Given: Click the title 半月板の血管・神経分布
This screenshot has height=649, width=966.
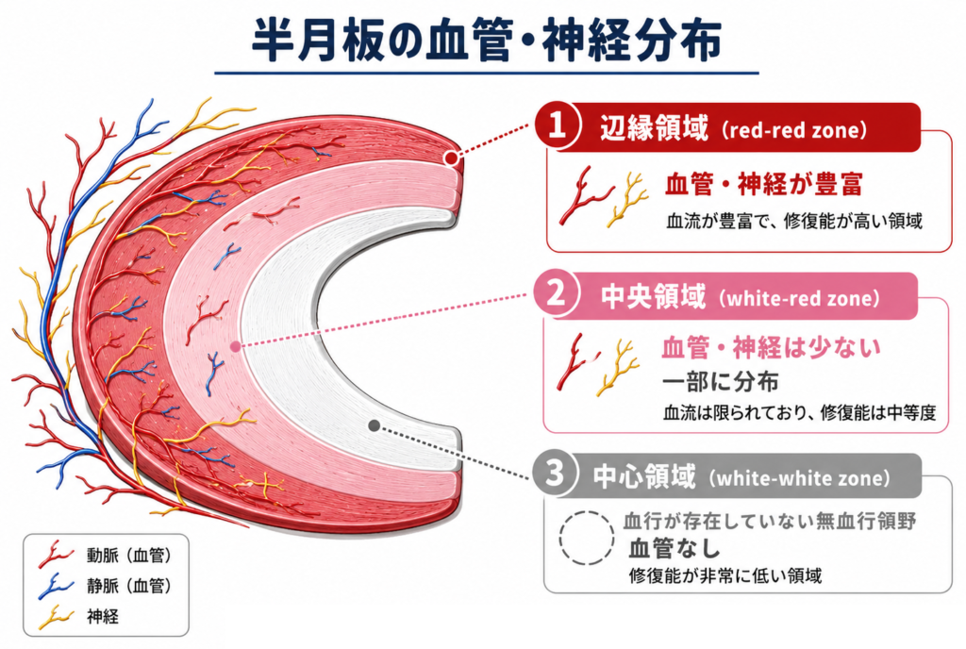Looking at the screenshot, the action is [486, 41].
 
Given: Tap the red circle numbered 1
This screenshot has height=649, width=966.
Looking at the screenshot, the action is [557, 125].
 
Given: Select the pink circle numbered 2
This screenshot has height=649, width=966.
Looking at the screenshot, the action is [556, 293].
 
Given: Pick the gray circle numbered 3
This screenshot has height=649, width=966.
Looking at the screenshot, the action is [555, 474].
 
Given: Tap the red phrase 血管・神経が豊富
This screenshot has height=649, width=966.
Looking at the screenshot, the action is [764, 184].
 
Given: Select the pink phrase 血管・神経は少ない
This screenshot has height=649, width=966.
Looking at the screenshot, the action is [771, 348].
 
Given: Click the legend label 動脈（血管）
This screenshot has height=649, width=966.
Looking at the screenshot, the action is [128, 556].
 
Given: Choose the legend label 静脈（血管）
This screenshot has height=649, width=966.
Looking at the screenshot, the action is [128, 586].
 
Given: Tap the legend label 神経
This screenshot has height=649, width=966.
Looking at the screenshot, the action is [103, 616].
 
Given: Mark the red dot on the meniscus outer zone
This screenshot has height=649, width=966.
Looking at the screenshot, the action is [452, 158].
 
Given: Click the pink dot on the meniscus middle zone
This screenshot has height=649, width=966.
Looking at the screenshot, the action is [235, 346].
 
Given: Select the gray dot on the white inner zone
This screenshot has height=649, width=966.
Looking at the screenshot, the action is [374, 425].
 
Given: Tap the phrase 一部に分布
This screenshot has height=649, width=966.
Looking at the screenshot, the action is [720, 382].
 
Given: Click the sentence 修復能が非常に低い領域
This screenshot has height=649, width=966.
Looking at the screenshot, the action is [725, 575].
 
